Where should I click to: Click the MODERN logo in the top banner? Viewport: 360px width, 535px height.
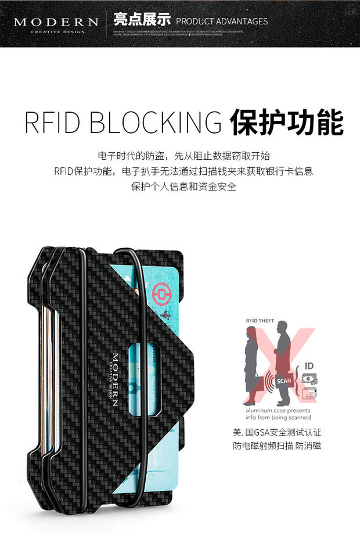(x=56, y=22)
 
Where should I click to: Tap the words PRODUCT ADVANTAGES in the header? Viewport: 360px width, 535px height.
(x=222, y=21)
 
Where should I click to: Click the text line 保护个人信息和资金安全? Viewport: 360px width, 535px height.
(x=180, y=186)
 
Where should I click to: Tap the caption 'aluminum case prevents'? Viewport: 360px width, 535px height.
(x=276, y=410)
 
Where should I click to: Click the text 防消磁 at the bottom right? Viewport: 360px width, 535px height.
(x=308, y=446)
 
